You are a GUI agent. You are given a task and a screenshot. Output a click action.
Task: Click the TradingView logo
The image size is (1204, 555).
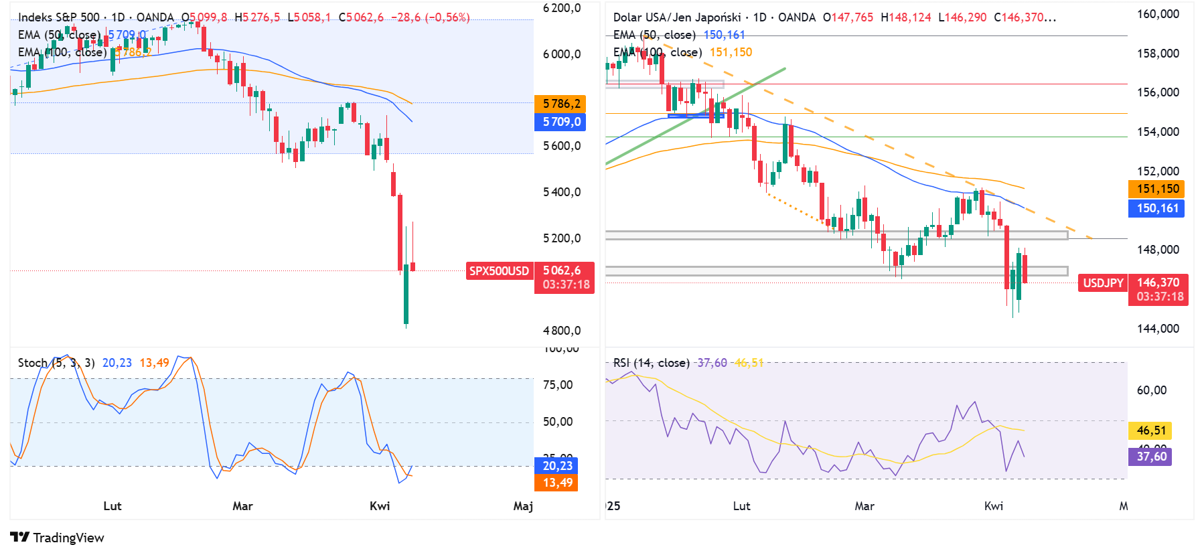coord(57,538)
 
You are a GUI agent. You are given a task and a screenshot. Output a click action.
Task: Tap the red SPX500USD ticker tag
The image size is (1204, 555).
coord(499,271)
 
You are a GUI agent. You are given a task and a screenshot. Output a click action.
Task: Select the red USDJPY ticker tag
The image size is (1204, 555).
coord(1103,283)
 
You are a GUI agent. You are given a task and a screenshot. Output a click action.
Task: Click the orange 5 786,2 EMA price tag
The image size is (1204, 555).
coord(560,104)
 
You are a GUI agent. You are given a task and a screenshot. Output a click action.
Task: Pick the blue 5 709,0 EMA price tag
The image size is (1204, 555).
coord(560,122)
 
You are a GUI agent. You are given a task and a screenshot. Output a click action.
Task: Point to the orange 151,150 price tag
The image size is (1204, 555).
coord(1157,189)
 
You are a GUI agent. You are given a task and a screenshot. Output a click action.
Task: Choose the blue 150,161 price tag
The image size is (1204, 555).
coord(1157,208)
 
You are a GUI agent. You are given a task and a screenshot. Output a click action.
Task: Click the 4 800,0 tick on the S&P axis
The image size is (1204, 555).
coord(561,331)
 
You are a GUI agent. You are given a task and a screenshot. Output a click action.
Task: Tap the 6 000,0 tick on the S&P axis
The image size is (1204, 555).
coord(561,54)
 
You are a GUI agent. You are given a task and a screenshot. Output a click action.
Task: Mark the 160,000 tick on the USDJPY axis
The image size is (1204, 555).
coord(1158,14)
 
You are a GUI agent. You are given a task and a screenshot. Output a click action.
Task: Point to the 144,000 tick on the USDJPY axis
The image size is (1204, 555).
coord(1158,329)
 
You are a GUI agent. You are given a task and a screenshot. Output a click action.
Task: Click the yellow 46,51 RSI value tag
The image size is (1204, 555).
coord(1150,430)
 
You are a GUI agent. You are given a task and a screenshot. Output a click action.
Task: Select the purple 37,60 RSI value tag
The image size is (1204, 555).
coord(1150,457)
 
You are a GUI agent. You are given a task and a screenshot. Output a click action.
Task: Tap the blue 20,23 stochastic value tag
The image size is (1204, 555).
coord(557,466)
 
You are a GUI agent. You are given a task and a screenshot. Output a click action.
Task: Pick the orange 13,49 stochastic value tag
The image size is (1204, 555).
coord(557,483)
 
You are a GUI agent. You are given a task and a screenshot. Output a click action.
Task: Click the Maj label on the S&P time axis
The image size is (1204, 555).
coord(523,506)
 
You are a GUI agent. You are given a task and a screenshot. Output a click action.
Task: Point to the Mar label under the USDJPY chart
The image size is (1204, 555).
coord(864,506)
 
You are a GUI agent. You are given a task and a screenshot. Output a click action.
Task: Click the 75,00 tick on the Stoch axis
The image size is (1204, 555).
coord(557,385)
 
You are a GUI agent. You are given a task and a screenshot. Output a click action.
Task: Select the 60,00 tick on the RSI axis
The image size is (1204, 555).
coord(1151,390)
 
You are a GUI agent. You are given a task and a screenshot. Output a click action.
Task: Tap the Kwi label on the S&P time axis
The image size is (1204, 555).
coord(380,506)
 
